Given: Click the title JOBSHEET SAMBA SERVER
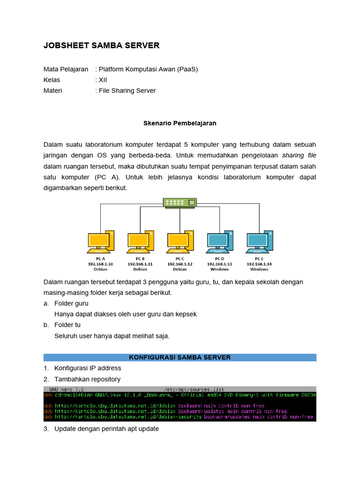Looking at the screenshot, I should (101, 45).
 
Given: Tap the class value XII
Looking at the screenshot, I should (103, 80).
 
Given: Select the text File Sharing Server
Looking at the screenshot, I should (127, 90).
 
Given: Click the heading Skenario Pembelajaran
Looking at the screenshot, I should (180, 123).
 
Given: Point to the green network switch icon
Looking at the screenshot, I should (180, 202).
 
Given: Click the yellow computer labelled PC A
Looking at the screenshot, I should (101, 241).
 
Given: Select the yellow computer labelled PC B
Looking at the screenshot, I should (140, 241).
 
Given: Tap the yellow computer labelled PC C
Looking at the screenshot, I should (180, 241).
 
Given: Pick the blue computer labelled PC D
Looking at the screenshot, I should (219, 241).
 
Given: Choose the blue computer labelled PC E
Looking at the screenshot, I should (259, 241).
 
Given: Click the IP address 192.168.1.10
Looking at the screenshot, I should (101, 264).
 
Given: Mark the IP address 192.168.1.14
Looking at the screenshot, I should (259, 264).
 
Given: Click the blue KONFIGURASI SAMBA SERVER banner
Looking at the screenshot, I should (180, 357).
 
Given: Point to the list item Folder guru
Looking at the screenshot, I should (71, 303).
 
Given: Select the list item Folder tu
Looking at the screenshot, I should (67, 325).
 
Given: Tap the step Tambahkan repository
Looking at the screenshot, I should (87, 379).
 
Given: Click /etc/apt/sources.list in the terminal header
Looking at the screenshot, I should (194, 389).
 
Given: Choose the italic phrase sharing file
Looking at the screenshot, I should (299, 155).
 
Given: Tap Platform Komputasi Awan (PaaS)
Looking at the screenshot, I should (148, 69).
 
